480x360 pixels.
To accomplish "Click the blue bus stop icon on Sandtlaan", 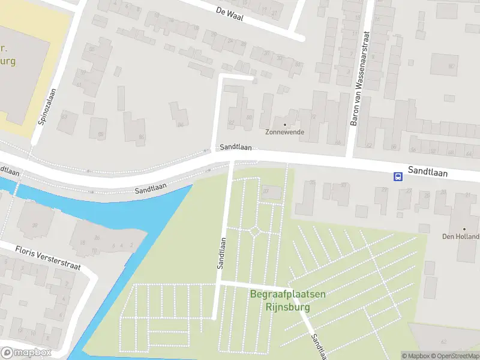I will [397, 176].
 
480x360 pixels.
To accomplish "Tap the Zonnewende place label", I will [285, 132].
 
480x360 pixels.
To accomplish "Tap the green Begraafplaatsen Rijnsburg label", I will [287, 299].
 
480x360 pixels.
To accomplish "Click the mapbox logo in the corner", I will [26, 352].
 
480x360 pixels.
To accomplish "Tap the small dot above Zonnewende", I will [285, 125].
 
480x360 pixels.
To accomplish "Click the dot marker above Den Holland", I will [464, 229].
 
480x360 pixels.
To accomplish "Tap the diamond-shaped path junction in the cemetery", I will [254, 230].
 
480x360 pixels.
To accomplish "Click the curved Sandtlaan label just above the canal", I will [150, 188].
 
